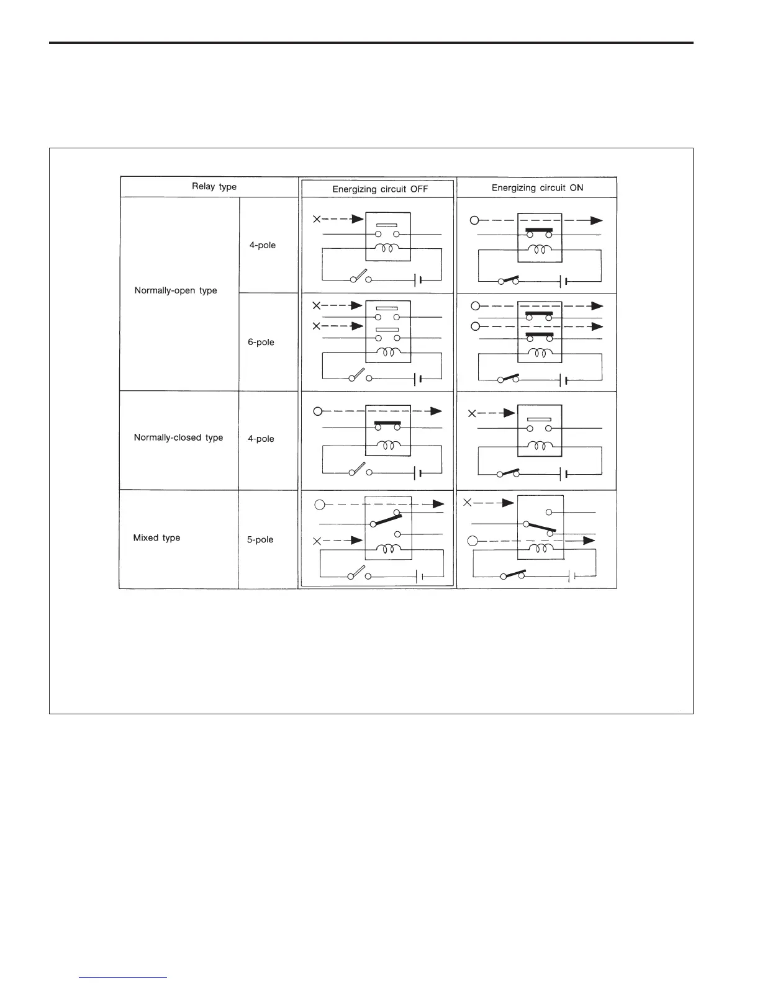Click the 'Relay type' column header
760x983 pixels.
[214, 186]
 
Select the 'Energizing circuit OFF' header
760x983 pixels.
[380, 189]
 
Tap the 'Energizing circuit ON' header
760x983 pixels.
[537, 187]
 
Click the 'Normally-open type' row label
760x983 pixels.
[176, 290]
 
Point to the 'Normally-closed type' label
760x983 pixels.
[178, 438]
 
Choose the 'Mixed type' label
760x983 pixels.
[156, 538]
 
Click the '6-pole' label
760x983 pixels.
[261, 342]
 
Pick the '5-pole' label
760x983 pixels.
[260, 539]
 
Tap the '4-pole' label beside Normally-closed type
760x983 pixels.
[261, 439]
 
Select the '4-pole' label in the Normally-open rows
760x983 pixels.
[263, 245]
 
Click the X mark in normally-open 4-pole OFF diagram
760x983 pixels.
[317, 219]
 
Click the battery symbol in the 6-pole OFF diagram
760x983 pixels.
[418, 378]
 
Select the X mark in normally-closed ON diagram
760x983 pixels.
[472, 413]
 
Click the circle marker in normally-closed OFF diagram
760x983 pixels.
[318, 411]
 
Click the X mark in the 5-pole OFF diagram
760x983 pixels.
[317, 541]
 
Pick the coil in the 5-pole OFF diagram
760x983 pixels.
[389, 549]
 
